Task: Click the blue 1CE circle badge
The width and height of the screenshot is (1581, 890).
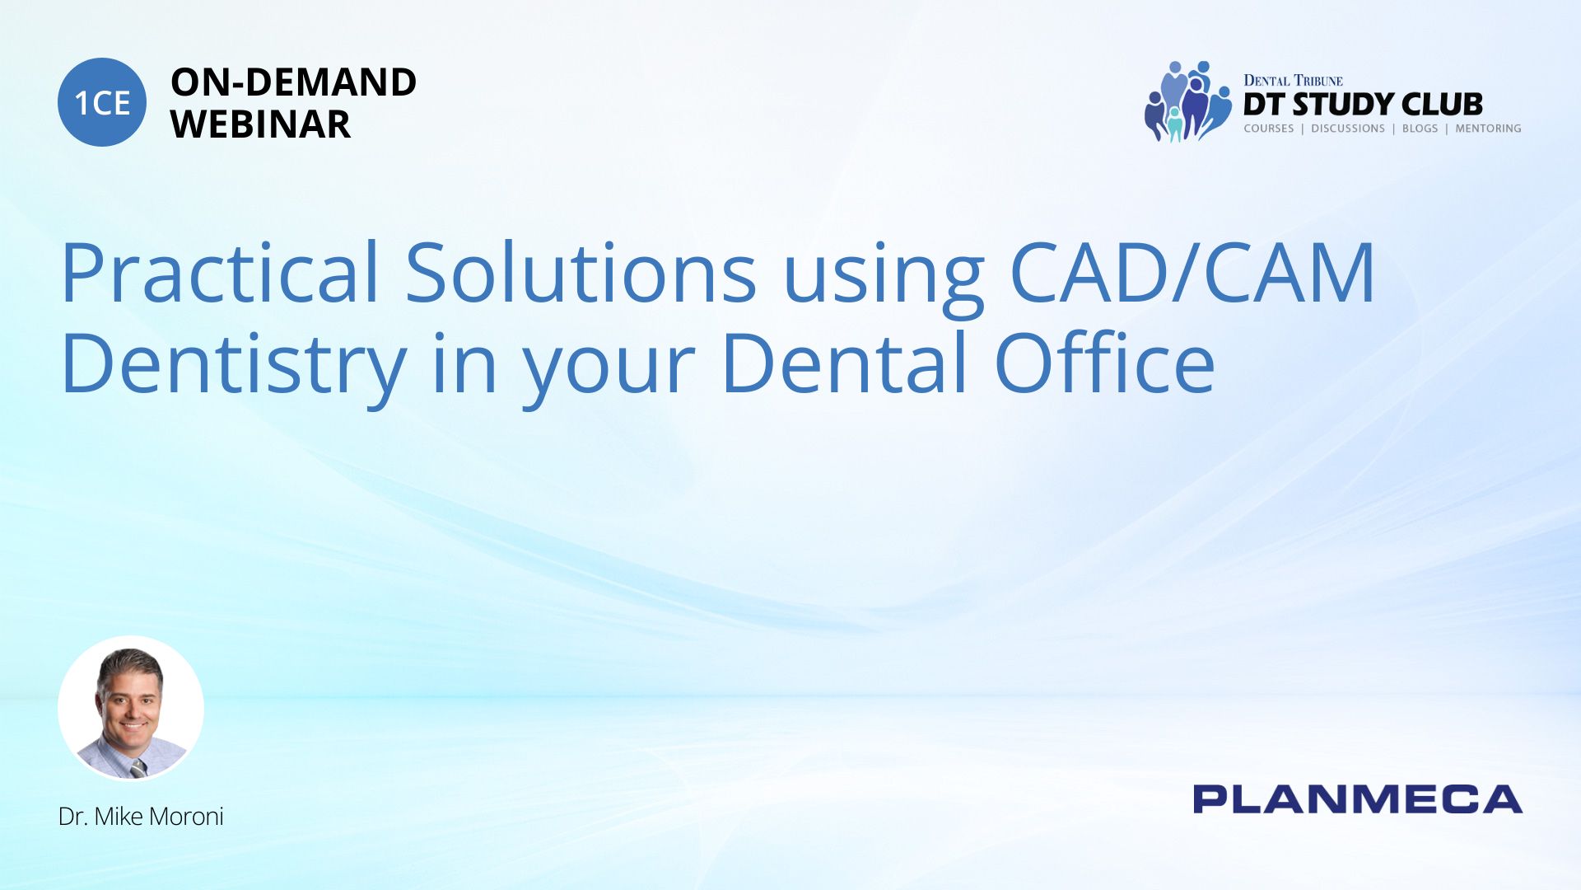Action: click(x=102, y=102)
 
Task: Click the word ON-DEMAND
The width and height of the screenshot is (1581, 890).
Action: click(x=293, y=82)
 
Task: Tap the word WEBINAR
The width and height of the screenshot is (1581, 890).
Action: click(x=260, y=124)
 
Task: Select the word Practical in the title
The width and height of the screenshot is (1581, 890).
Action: click(x=220, y=273)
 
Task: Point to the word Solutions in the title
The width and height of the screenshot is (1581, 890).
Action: click(x=581, y=273)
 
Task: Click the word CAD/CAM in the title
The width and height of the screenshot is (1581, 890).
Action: click(x=1192, y=273)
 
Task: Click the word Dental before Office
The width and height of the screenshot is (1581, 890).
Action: click(x=844, y=363)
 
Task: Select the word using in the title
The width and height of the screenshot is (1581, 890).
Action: click(x=883, y=280)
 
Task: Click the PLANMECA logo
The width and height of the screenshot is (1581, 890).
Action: click(x=1358, y=799)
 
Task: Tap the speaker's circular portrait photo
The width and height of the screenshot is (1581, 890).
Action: click(x=131, y=709)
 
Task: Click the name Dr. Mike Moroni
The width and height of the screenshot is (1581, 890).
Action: click(x=141, y=817)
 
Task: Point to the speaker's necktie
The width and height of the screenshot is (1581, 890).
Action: click(x=138, y=767)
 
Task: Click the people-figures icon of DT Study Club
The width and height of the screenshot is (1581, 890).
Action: click(x=1187, y=101)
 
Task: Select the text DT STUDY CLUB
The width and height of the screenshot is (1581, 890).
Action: click(x=1363, y=105)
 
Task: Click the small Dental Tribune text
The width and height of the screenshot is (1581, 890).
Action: click(x=1293, y=81)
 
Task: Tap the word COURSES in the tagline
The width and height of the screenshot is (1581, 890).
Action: click(x=1268, y=129)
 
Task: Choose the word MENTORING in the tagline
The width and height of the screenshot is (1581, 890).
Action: click(x=1488, y=129)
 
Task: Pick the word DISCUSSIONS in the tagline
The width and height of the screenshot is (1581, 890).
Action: click(x=1348, y=129)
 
